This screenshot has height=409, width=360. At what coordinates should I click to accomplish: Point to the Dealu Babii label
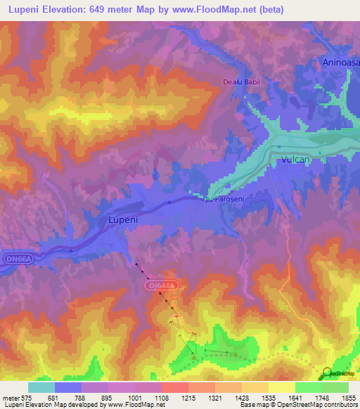pyautogui.click(x=242, y=82)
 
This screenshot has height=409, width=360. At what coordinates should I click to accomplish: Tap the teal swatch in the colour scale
pyautogui.click(x=41, y=387)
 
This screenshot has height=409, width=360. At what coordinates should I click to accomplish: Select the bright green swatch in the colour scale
pyautogui.click(x=309, y=387)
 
